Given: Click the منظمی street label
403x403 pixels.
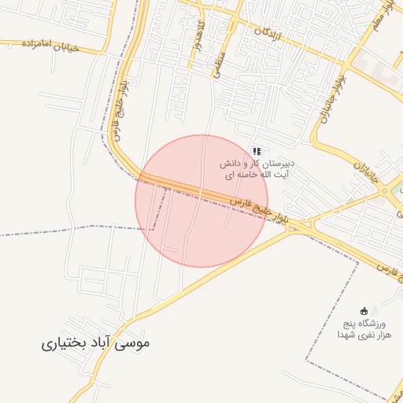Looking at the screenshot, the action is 218,59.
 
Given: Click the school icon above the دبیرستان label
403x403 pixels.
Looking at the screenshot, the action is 257,150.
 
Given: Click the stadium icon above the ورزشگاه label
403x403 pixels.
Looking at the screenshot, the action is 363,312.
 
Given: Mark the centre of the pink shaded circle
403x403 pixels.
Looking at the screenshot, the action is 201,201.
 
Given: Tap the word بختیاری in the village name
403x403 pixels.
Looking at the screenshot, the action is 67,344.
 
